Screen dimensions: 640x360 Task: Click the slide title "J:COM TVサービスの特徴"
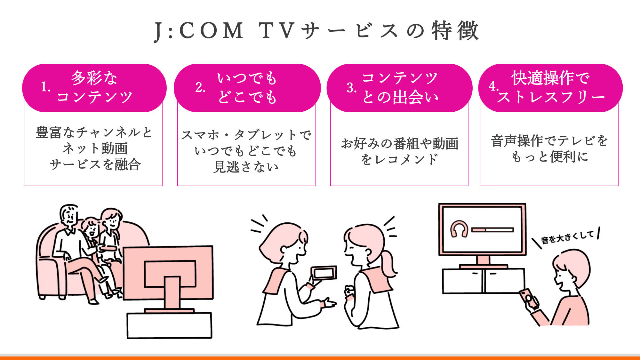pos(316,31)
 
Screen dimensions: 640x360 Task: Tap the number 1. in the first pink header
pos(46,87)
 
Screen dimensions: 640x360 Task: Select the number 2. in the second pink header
pos(200,87)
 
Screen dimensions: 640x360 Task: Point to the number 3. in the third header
pos(351,88)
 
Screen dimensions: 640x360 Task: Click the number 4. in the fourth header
pos(493,86)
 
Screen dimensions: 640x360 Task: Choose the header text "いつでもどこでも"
pos(247,88)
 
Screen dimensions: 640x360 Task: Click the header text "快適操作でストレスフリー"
pos(551,87)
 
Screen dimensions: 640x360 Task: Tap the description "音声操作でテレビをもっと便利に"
pos(549,149)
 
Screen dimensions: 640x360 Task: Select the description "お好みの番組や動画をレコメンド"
pos(399,151)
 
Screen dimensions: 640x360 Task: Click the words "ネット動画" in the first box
pos(95,148)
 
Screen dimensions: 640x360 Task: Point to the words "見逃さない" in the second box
pos(246,167)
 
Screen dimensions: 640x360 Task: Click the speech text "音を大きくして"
pos(567,237)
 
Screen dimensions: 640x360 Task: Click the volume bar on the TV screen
pos(492,230)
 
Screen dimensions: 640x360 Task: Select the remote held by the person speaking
pos(529,299)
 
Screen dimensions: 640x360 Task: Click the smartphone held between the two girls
pos(324,273)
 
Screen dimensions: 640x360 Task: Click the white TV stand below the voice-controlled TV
pos(483,281)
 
